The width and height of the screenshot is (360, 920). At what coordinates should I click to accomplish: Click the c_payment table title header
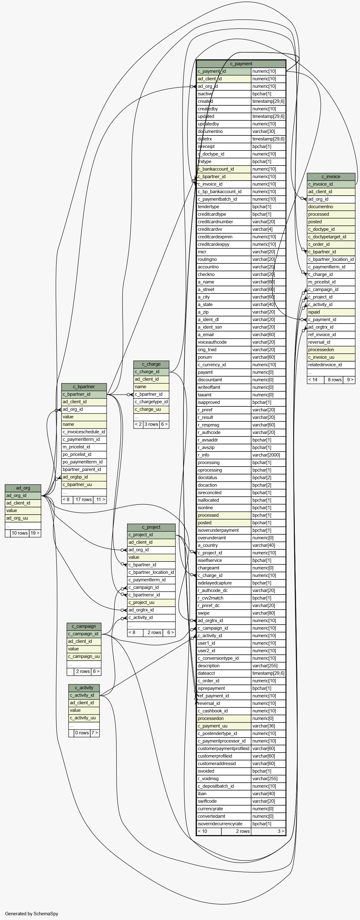coord(241,64)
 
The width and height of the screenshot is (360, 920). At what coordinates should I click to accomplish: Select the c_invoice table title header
coord(331,177)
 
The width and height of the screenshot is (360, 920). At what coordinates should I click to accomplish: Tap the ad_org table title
coord(23,488)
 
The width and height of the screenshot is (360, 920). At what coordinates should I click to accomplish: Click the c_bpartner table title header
coord(84,387)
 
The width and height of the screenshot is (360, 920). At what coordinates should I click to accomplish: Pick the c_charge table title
coord(151,364)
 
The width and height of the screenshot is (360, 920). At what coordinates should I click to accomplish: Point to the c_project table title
coord(151,527)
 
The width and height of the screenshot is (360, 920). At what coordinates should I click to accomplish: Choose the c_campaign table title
coord(84,626)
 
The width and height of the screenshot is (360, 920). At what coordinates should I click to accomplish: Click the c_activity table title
coord(84,688)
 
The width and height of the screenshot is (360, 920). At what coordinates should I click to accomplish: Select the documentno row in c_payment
coord(241,131)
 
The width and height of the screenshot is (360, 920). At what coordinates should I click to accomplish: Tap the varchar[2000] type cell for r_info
coord(268,455)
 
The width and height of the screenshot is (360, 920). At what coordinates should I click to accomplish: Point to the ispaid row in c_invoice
coord(331,312)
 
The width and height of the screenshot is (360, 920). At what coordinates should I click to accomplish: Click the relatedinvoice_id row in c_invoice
coord(331,365)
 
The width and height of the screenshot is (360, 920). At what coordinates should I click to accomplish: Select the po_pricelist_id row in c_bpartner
coord(84,455)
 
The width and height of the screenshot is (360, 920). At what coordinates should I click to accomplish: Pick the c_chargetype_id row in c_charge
coord(151,402)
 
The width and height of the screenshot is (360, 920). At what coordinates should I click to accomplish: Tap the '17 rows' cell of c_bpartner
coord(83,500)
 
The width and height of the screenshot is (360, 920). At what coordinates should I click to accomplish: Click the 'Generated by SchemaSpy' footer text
coord(31,913)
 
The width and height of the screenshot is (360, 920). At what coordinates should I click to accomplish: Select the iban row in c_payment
coord(241,794)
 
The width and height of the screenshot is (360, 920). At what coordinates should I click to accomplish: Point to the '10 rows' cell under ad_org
coord(20,533)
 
